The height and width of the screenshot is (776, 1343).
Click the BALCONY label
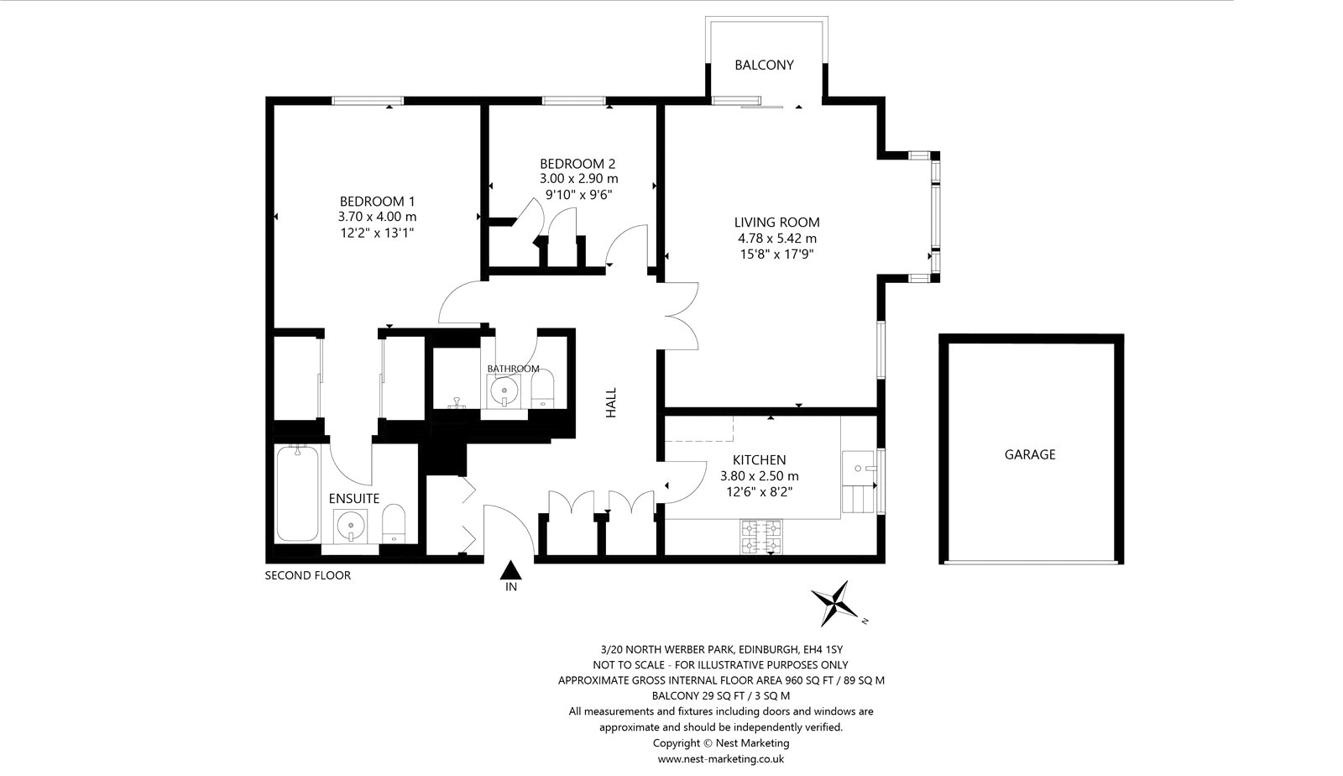[764, 65]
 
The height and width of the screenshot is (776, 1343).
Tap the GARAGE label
[1029, 454]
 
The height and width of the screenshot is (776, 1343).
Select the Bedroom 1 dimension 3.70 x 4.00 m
[377, 217]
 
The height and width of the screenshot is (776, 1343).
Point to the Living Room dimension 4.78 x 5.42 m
[777, 239]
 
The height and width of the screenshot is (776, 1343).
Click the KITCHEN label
[759, 460]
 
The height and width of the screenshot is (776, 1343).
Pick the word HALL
[611, 403]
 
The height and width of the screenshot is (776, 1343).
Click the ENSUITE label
[353, 498]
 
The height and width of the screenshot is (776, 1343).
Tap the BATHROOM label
[513, 369]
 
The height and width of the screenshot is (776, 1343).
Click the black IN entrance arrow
[510, 569]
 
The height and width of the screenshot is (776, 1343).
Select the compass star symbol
[834, 603]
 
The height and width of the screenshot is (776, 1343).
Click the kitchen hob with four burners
[761, 537]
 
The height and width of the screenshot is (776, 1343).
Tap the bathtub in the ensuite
[297, 494]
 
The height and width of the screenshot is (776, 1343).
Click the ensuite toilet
[394, 523]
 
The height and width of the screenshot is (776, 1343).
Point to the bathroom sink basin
[504, 391]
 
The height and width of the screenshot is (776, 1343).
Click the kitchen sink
[858, 468]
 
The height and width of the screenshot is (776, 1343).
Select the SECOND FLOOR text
[307, 576]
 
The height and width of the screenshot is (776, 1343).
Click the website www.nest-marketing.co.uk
[721, 758]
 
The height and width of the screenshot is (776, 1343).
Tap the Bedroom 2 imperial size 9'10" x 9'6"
[578, 194]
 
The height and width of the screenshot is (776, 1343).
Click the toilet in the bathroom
[542, 389]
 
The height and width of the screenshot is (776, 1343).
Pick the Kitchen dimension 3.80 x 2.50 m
[759, 476]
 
